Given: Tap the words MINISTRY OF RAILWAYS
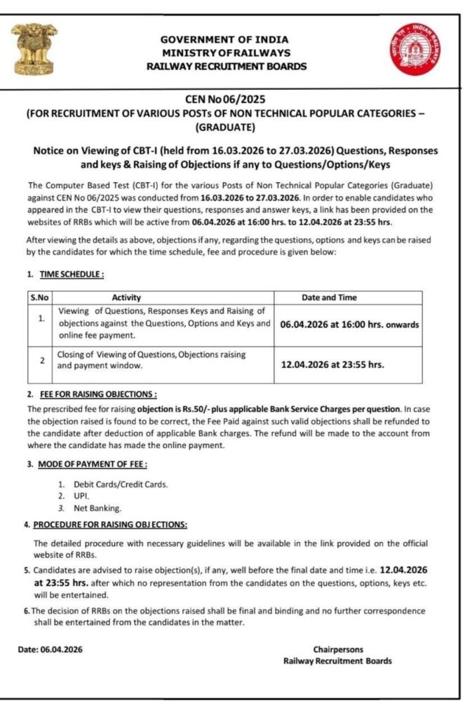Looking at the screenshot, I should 226,53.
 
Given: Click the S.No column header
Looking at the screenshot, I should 39,297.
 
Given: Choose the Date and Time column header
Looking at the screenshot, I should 348,297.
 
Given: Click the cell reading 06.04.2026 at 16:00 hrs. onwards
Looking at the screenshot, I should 349,325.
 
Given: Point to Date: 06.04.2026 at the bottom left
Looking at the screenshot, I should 50,649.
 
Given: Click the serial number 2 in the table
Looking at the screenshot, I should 42,360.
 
